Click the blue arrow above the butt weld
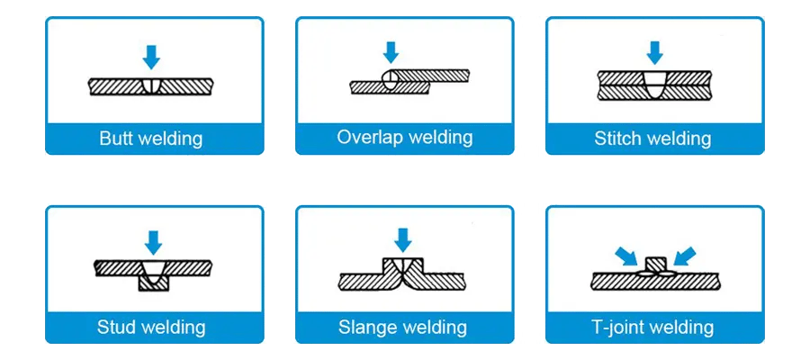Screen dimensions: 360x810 pos(152,57)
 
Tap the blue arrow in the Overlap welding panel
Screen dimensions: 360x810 pos(390,51)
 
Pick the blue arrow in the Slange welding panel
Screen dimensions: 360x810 pos(403,238)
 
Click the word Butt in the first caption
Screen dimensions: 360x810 pos(116,139)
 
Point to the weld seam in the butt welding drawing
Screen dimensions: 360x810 pos(151,86)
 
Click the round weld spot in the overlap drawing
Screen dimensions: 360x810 pos(389,80)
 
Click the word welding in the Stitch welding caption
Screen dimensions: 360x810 pos(678,139)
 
